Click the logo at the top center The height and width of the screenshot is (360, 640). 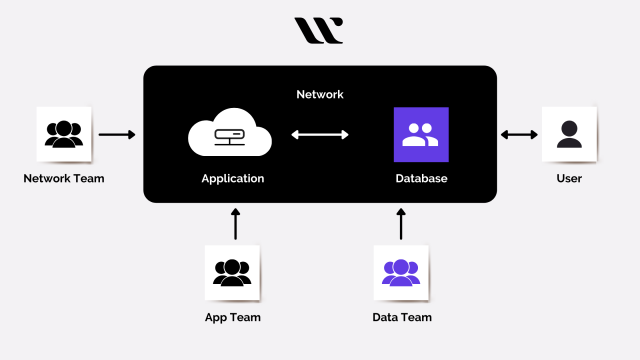(319, 30)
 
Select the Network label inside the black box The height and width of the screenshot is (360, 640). (320, 94)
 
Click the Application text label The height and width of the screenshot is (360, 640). (232, 179)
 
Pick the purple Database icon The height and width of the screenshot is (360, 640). (421, 135)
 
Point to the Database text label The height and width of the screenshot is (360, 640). (421, 179)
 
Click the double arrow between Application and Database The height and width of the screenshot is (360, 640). (320, 135)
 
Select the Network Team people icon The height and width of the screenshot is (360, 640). (64, 134)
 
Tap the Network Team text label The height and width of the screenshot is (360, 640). (64, 179)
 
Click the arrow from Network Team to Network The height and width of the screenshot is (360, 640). (117, 134)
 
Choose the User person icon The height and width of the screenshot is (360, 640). (569, 134)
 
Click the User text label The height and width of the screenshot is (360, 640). (569, 179)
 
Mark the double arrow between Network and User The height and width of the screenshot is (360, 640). (519, 134)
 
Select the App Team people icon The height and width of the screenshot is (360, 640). (232, 272)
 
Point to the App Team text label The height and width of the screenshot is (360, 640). (232, 318)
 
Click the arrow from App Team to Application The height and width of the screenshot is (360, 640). (236, 223)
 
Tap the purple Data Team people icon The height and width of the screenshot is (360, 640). (401, 272)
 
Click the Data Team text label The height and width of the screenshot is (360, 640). (401, 318)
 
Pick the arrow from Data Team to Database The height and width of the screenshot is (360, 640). (401, 223)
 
